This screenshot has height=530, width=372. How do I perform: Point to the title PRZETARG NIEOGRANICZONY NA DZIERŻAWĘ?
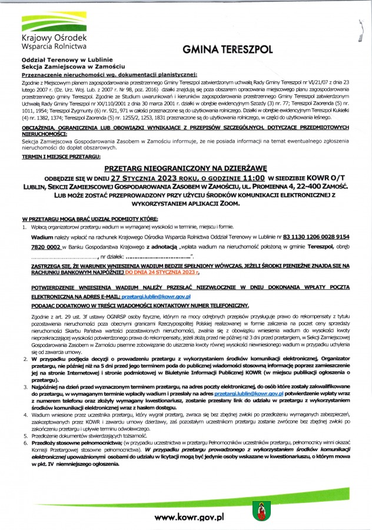point(186,168)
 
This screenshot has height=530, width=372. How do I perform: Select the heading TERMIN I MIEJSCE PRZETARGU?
point(61,157)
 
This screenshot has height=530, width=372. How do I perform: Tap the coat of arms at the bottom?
point(260,511)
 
